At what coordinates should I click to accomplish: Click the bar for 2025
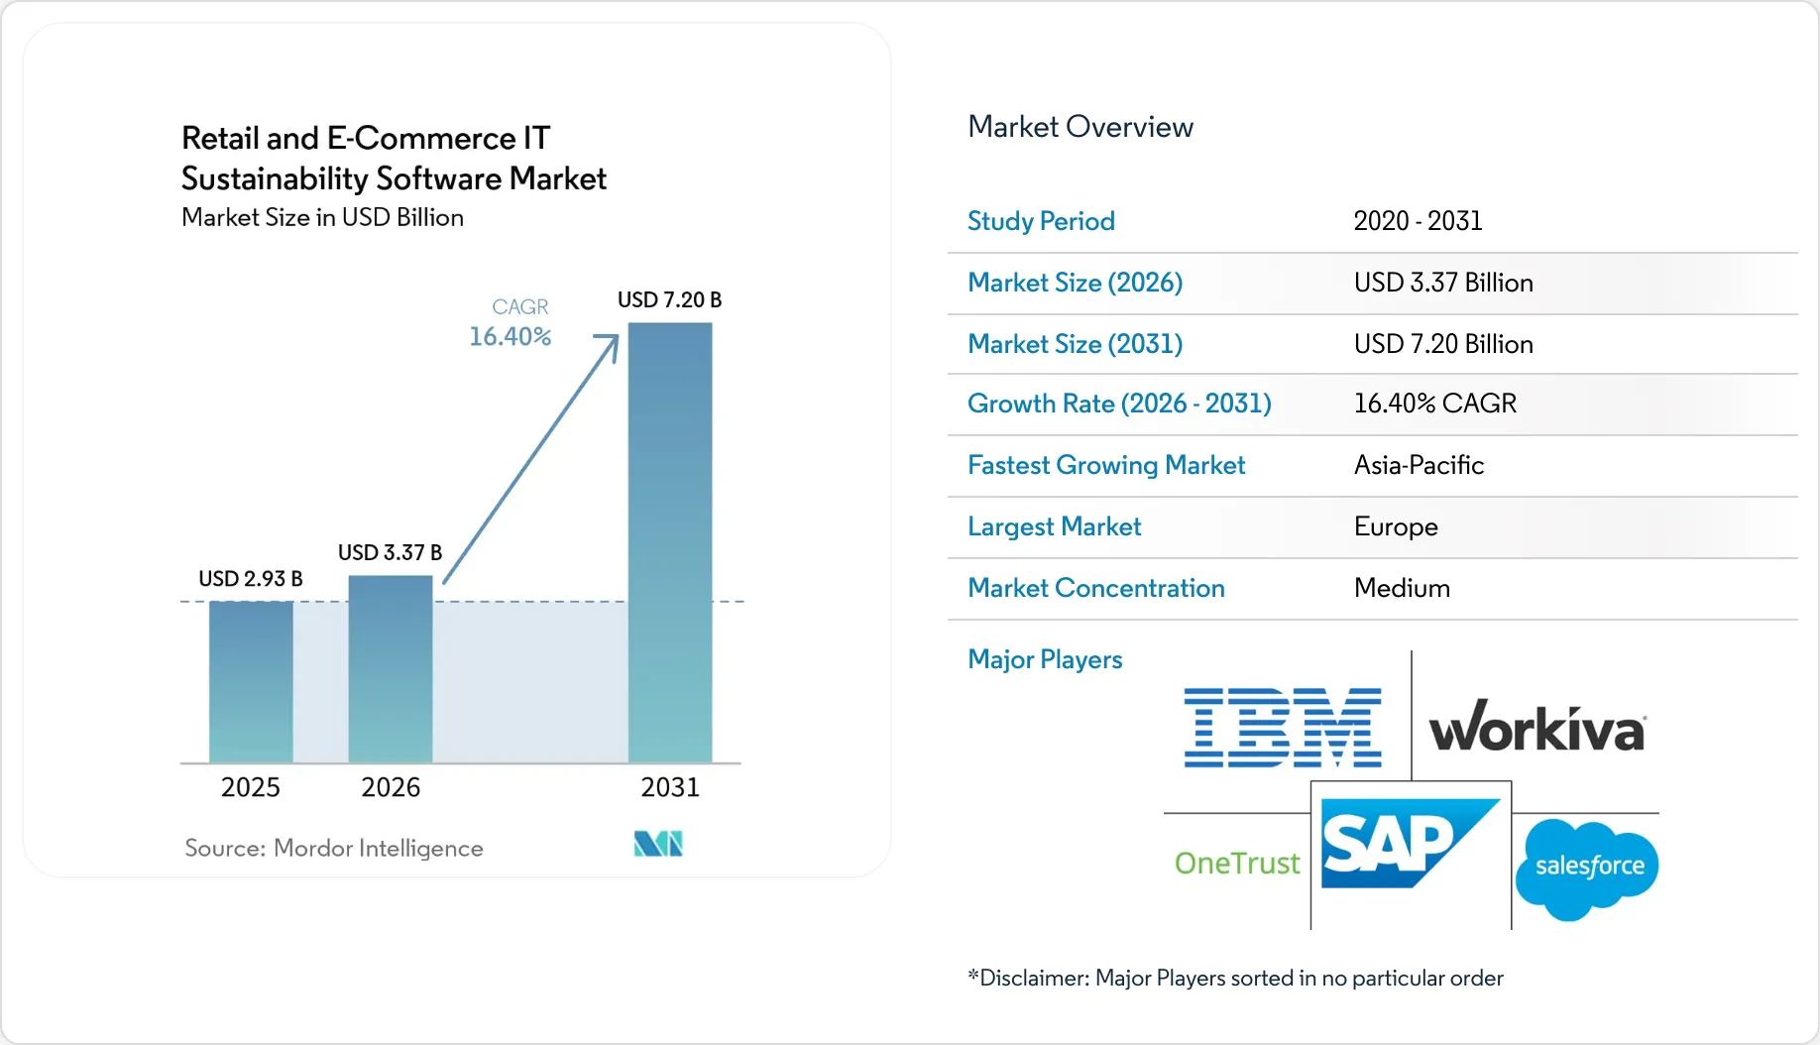coord(251,682)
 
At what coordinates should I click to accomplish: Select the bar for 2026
coord(391,669)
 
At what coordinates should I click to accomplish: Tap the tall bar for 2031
coord(670,543)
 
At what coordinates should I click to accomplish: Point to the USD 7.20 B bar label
coord(669,299)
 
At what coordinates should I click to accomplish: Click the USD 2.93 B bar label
coord(251,578)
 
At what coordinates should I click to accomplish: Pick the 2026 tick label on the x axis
coord(391,787)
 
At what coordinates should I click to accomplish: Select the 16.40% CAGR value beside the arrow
coord(510,337)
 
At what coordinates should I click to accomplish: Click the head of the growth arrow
coord(617,336)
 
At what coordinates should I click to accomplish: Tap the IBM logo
coord(1283,728)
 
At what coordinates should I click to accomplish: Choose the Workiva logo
coord(1537,726)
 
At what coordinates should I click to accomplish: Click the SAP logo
coord(1411,844)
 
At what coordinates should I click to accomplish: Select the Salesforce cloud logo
coord(1587,869)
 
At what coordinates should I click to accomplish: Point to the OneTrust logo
coord(1236,864)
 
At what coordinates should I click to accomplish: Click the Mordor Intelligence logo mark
coord(658,844)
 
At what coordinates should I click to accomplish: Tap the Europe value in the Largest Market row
coord(1396,526)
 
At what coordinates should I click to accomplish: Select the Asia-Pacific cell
coord(1419,465)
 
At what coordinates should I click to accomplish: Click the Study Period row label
coord(1041,221)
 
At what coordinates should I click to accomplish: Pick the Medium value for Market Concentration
coord(1402,588)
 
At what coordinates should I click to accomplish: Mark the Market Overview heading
coord(1081,127)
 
